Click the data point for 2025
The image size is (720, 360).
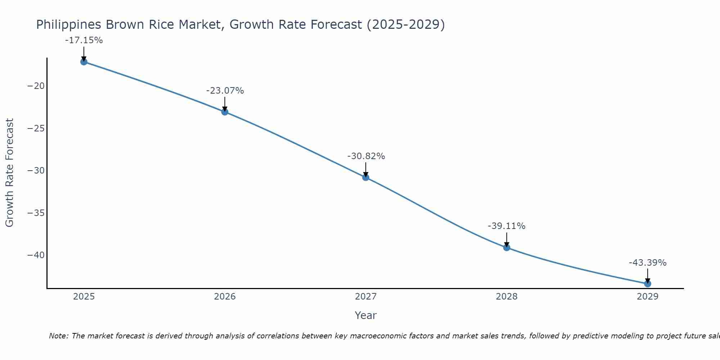click(84, 62)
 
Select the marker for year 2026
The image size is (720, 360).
click(225, 112)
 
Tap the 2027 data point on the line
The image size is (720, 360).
click(366, 177)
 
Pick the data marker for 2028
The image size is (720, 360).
click(507, 248)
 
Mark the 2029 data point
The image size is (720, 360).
click(647, 284)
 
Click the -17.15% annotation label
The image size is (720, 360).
click(84, 40)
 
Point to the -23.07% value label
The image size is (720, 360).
click(225, 91)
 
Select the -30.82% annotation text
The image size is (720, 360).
click(366, 156)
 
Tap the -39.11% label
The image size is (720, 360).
click(507, 226)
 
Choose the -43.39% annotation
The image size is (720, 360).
click(648, 263)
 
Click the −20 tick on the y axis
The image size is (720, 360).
click(36, 86)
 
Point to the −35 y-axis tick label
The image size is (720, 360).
click(36, 213)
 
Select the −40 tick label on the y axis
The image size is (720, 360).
click(36, 255)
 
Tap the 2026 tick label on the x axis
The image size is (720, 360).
click(225, 297)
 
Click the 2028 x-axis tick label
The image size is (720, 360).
click(507, 297)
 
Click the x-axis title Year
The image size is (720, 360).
click(365, 315)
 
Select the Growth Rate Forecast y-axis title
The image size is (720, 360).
click(10, 172)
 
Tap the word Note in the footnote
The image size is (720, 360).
click(58, 336)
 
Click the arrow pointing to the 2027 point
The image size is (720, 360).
click(366, 169)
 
